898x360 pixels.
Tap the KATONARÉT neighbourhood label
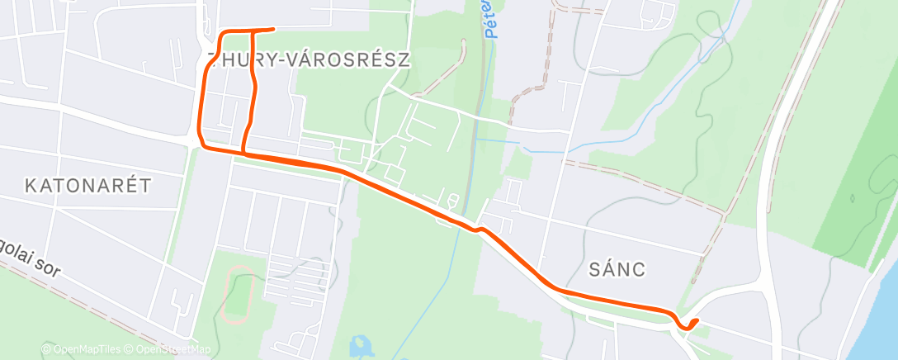tap(88, 185)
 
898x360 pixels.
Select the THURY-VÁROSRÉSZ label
tap(309, 60)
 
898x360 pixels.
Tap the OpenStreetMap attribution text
tap(169, 349)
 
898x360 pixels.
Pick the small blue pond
tap(361, 344)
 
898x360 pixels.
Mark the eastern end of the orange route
tap(698, 320)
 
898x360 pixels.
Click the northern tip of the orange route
tap(272, 30)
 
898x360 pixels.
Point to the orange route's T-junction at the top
tap(250, 31)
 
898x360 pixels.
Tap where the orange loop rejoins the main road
tap(243, 152)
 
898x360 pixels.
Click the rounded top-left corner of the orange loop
tap(221, 35)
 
